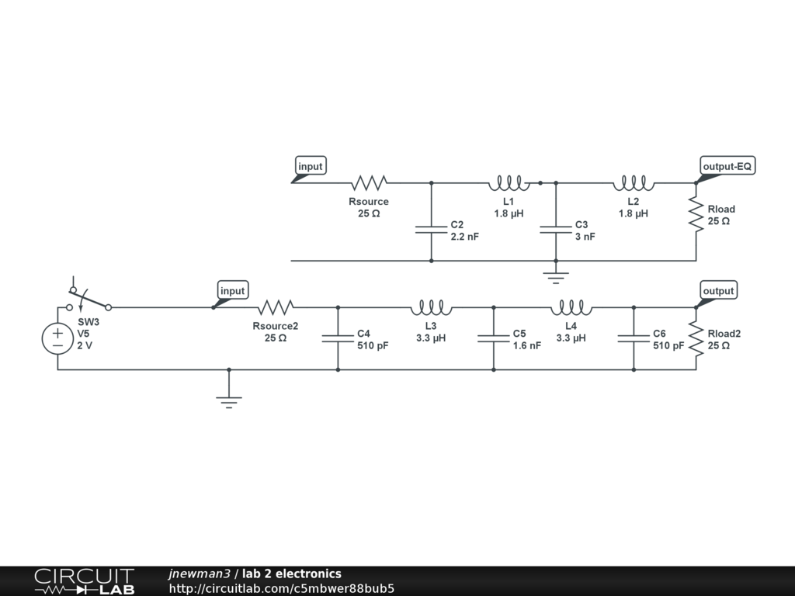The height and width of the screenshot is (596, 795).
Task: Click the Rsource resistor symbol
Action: pos(369,183)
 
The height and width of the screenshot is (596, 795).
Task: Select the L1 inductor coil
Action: pos(509,183)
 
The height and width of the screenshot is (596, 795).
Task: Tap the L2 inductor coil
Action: pos(634,183)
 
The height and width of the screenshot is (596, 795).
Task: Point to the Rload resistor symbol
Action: pos(696,214)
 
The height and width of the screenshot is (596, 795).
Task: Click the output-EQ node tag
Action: pos(727,166)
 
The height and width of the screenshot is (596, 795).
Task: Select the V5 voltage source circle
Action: pos(57,338)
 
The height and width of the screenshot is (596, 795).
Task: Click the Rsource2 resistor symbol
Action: pos(276,307)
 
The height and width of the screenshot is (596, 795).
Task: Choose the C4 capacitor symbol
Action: pos(338,338)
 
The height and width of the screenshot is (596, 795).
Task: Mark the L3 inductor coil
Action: pos(431,307)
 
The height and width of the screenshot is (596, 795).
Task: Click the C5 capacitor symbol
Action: pos(494,338)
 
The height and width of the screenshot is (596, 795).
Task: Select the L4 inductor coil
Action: pos(571,307)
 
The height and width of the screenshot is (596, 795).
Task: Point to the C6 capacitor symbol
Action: pos(634,338)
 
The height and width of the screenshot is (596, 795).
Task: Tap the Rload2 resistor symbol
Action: pos(696,338)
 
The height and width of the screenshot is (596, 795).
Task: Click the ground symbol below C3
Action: pos(556,273)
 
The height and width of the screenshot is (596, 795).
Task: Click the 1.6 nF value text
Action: pos(526,346)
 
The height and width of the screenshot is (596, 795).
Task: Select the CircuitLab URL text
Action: pos(281,588)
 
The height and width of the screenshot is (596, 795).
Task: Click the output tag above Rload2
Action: pos(718,291)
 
